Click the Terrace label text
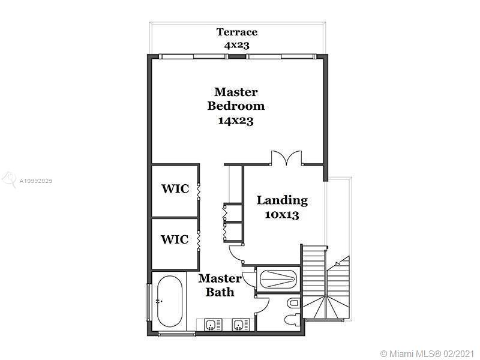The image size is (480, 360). coord(236,32)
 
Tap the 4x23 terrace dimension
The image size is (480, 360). coord(236,46)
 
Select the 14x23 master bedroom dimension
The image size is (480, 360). coord(236,121)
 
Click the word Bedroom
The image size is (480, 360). coord(236,106)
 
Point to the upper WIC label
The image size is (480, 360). coord(175,189)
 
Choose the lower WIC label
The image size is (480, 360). coord(175,239)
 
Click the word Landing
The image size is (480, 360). coord(282,201)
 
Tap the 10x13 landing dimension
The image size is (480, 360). coord(281,215)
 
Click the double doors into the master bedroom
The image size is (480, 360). coord(286,158)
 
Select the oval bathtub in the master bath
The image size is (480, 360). coord(170,301)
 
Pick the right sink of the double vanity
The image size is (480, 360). coord(238,325)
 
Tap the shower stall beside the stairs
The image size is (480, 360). coord(278,279)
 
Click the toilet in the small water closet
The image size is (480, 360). coord(291,320)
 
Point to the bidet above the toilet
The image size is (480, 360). coord(293,303)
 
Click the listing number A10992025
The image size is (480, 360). coord(36,181)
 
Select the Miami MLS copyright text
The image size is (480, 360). coord(427,353)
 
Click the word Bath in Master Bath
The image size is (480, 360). coord(220,292)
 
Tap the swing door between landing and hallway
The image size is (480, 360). coord(236,252)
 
